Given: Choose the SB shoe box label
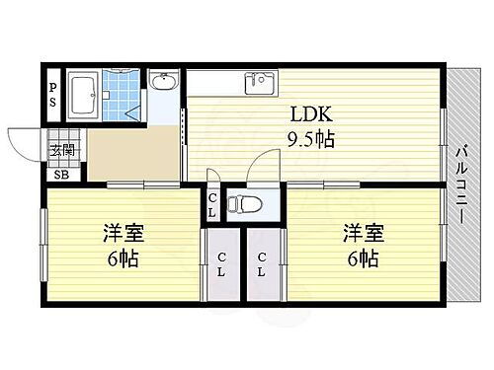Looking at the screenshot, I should pos(61,177).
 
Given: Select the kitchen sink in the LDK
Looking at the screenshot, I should pos(262,82).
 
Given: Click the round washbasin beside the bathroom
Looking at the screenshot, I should pos(164,82).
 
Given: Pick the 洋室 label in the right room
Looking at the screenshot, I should pos(362,234).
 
